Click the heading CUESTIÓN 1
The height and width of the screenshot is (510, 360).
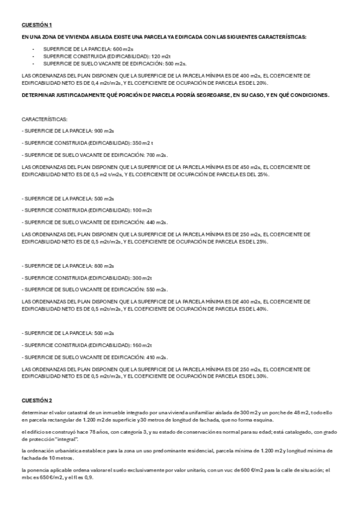pyautogui.click(x=37, y=25)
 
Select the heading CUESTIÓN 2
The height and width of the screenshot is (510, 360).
pyautogui.click(x=37, y=400)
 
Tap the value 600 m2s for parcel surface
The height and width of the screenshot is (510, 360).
pyautogui.click(x=122, y=48)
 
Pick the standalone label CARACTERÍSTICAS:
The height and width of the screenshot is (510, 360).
pyautogui.click(x=44, y=120)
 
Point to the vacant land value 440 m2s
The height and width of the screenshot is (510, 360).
pyautogui.click(x=157, y=222)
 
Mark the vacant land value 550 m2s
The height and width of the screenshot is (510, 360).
pyautogui.click(x=157, y=289)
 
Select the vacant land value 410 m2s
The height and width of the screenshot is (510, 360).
pyautogui.click(x=157, y=357)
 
